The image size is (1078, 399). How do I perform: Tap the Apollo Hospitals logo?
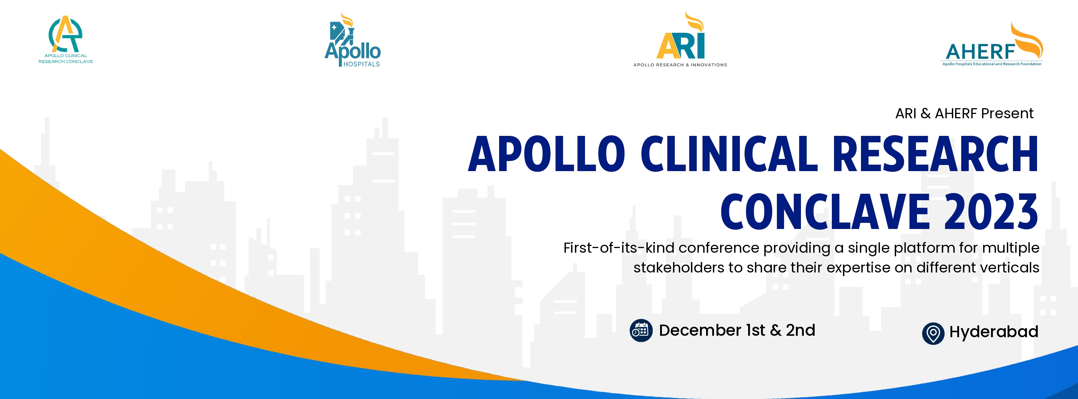(353, 41)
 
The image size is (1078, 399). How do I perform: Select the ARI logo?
(680, 40)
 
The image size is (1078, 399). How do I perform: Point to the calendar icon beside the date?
(641, 331)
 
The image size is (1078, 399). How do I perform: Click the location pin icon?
(933, 334)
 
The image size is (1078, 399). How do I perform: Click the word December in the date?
(700, 330)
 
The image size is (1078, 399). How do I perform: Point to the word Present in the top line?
(1007, 114)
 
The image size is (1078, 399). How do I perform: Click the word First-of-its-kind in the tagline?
(618, 248)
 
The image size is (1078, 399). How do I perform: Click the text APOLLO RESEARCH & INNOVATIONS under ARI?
(680, 65)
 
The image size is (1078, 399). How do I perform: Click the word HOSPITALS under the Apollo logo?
(361, 64)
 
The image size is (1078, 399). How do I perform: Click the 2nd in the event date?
(801, 330)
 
